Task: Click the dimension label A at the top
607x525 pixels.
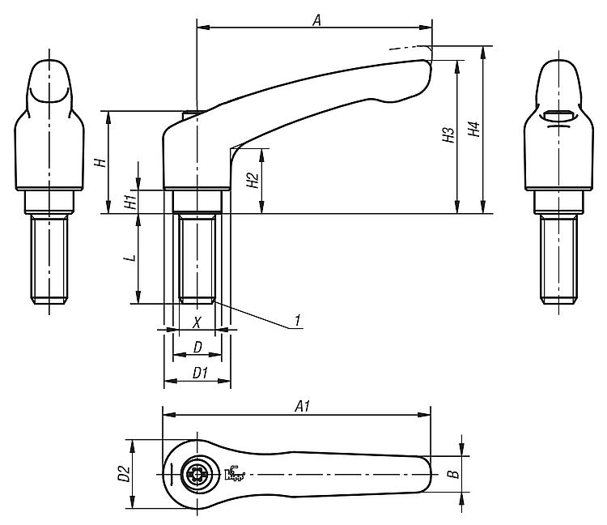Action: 317,20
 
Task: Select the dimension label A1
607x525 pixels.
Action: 303,407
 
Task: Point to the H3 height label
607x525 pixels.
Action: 448,134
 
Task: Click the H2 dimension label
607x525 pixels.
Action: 253,180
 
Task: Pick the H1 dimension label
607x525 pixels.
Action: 131,202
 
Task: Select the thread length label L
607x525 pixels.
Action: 132,258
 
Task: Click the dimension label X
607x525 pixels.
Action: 197,322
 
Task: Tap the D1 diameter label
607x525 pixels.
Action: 201,373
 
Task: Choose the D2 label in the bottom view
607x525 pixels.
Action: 124,474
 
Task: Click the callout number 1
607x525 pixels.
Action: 297,320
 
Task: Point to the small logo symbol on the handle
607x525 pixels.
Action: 235,473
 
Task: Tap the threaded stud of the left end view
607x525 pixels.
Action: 49,259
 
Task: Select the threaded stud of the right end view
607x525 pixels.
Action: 558,259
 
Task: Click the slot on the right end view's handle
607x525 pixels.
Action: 558,115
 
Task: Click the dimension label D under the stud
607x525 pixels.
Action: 197,348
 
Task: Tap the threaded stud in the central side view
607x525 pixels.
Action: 197,258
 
